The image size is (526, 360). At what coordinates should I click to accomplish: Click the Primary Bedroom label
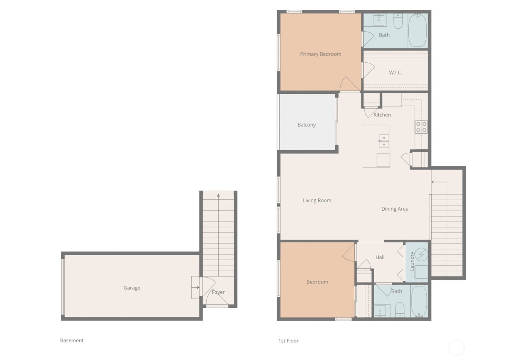pyautogui.click(x=320, y=54)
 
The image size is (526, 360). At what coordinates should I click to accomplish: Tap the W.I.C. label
pyautogui.click(x=395, y=72)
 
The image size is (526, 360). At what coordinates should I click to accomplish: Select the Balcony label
pyautogui.click(x=307, y=125)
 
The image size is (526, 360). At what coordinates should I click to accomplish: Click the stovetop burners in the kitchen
pyautogui.click(x=421, y=127)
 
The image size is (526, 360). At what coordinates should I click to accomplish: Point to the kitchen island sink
pyautogui.click(x=384, y=141)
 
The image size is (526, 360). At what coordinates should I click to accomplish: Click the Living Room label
pyautogui.click(x=317, y=200)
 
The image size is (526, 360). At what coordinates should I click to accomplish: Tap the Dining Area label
pyautogui.click(x=394, y=209)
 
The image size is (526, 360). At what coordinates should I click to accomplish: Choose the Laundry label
pyautogui.click(x=412, y=261)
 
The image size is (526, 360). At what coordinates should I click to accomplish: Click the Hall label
pyautogui.click(x=380, y=258)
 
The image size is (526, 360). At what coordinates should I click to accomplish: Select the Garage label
pyautogui.click(x=132, y=288)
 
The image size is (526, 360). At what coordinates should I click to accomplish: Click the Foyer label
pyautogui.click(x=218, y=292)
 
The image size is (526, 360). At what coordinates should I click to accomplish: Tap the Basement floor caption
pyautogui.click(x=72, y=340)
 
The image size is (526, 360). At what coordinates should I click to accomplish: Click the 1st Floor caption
pyautogui.click(x=288, y=341)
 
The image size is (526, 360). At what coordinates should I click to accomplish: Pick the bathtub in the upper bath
pyautogui.click(x=417, y=30)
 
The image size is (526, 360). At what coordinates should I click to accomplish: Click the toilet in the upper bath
pyautogui.click(x=398, y=21)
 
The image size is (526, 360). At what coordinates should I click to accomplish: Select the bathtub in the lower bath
pyautogui.click(x=419, y=301)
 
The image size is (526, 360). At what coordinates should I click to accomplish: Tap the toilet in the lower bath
pyautogui.click(x=399, y=309)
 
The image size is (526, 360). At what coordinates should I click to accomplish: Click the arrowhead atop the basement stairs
pyautogui.click(x=218, y=196)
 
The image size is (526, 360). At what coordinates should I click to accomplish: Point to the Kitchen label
pyautogui.click(x=382, y=115)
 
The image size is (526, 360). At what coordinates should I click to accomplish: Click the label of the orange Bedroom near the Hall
pyautogui.click(x=317, y=282)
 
